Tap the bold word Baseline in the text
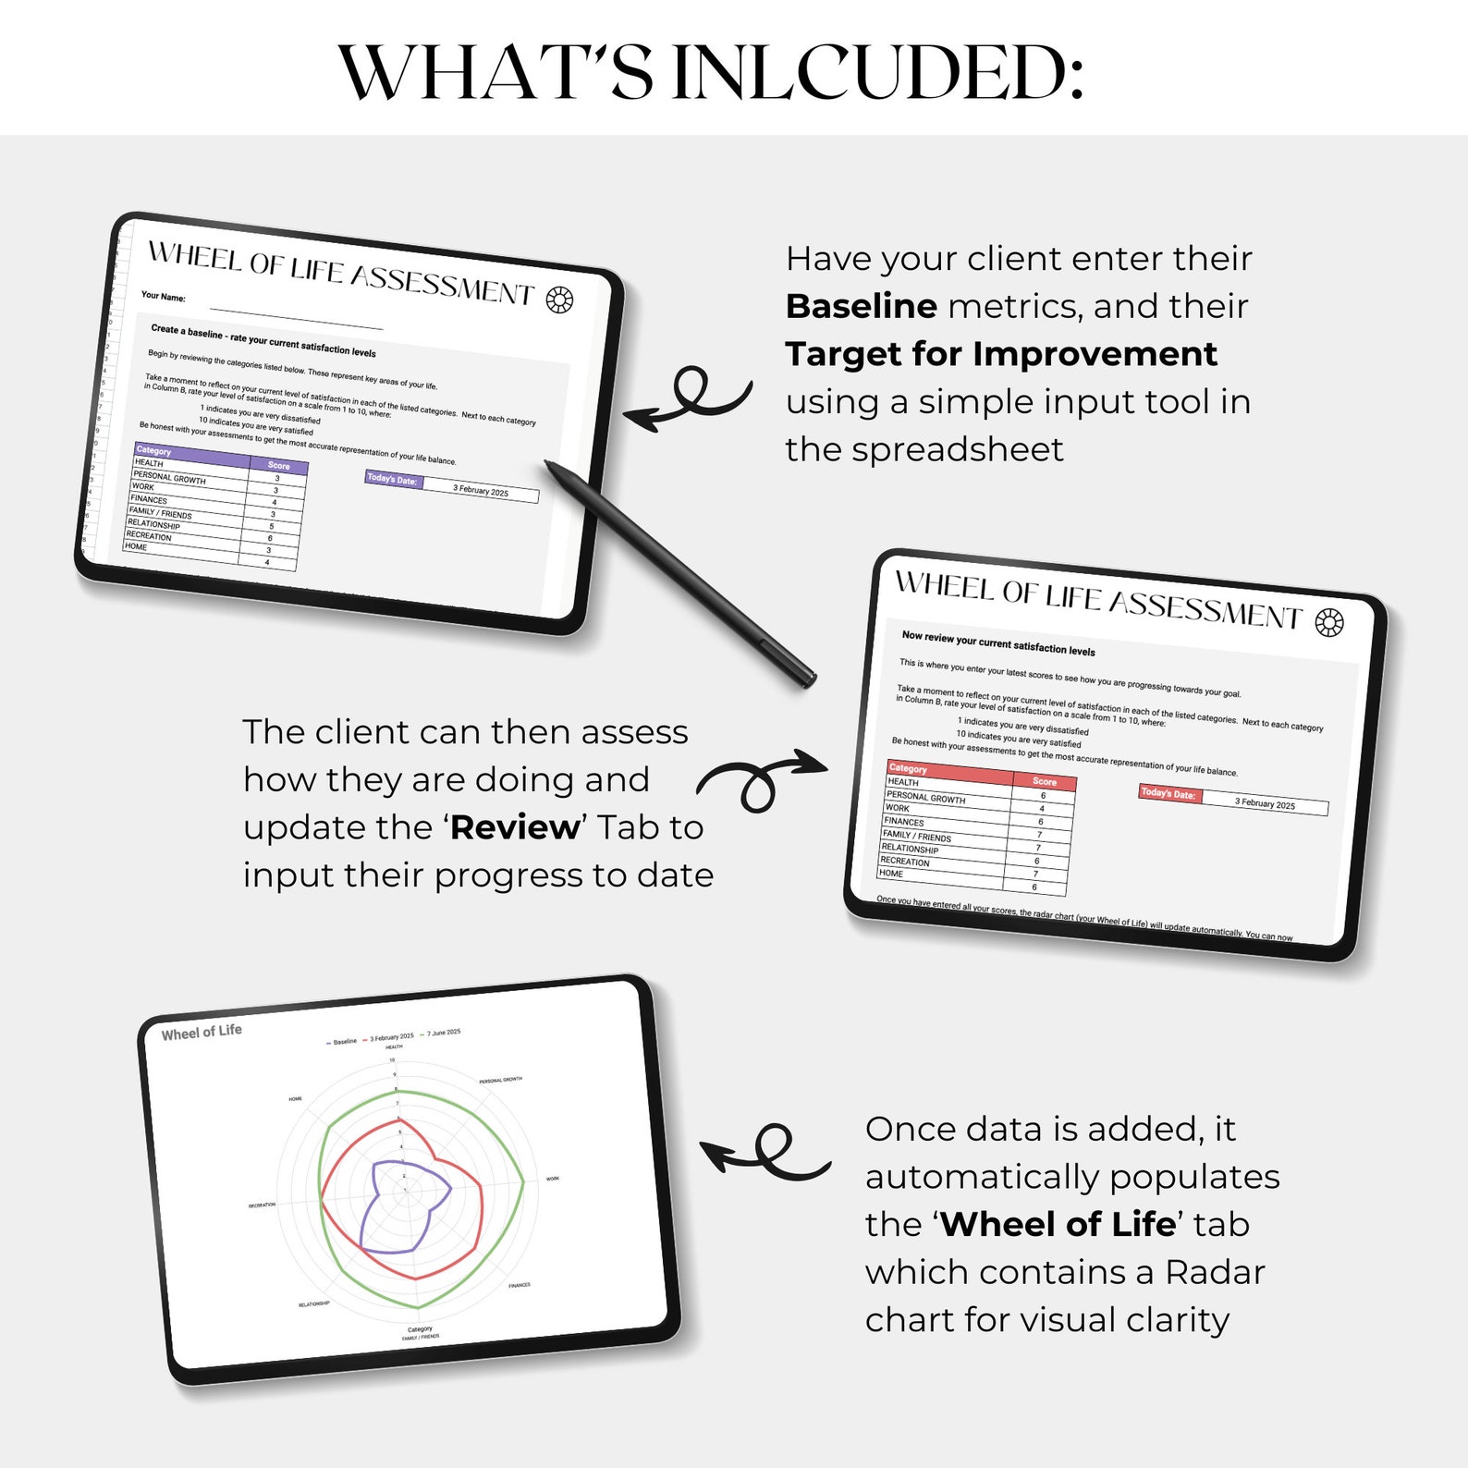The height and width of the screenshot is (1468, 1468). point(861,306)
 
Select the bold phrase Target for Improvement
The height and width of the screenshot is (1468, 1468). point(1000,354)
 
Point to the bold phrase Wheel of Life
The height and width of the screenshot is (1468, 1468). point(1058,1224)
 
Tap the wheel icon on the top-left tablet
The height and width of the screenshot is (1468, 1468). point(559,300)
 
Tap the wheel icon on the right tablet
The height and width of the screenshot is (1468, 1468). point(1328,623)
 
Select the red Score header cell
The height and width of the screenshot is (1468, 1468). point(1044,781)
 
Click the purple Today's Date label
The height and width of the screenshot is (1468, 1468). point(392,479)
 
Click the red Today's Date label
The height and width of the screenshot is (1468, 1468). point(1168,793)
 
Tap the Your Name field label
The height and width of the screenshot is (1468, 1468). point(163,297)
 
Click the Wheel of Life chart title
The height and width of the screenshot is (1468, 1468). point(201,1032)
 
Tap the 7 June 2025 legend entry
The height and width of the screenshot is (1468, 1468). point(442,1033)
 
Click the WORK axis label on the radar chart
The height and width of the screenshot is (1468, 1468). point(552,1179)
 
